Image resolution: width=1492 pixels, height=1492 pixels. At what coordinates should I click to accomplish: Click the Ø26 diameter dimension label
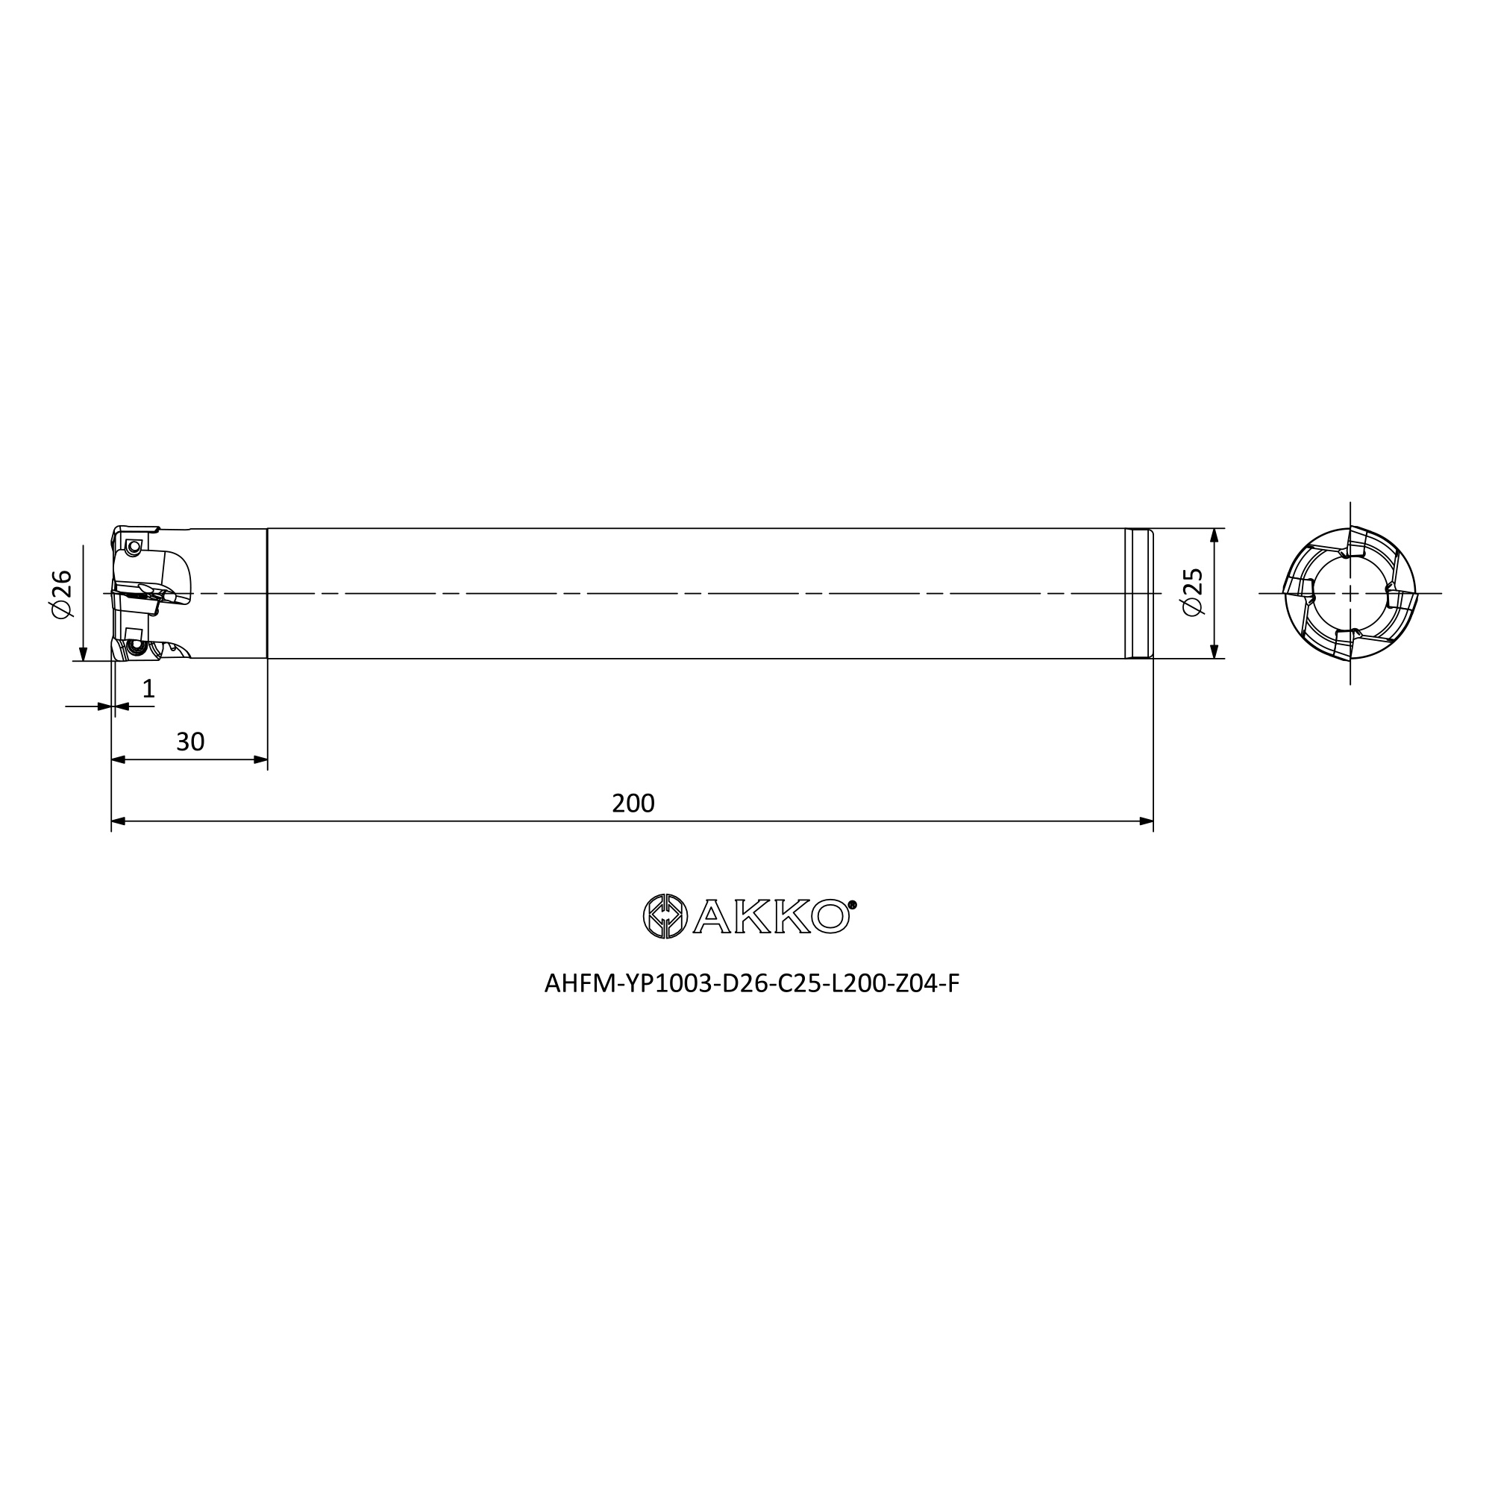pyautogui.click(x=61, y=594)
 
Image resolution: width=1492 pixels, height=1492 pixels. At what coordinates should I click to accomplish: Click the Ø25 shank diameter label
pyautogui.click(x=1193, y=592)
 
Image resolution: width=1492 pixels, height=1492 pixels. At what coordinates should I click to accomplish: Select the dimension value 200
pyautogui.click(x=633, y=804)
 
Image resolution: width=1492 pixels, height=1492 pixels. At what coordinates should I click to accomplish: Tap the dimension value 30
pyautogui.click(x=190, y=742)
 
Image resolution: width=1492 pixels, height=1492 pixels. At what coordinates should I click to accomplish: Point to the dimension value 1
pyautogui.click(x=148, y=689)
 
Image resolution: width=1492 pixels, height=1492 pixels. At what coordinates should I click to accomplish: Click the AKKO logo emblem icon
pyautogui.click(x=665, y=916)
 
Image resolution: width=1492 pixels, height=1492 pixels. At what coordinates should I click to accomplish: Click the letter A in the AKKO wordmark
pyautogui.click(x=714, y=918)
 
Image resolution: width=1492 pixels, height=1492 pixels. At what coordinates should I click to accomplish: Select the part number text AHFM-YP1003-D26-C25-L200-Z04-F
pyautogui.click(x=751, y=984)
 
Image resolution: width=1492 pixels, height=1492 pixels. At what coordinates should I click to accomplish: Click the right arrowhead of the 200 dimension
pyautogui.click(x=1146, y=821)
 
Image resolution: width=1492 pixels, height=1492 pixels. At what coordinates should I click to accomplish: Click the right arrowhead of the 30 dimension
pyautogui.click(x=260, y=760)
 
